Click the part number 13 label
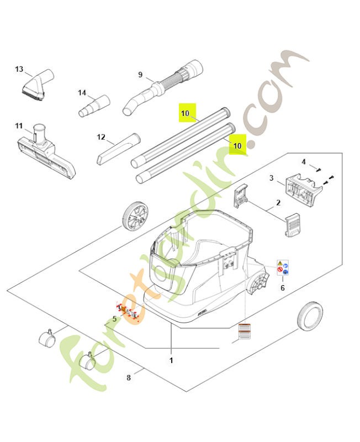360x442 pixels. point(19,70)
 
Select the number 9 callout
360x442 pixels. point(140,75)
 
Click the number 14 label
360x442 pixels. point(82,93)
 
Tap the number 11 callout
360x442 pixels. point(19,126)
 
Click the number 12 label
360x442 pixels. point(100,136)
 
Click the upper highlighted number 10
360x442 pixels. point(185,114)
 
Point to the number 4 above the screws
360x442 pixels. point(303,161)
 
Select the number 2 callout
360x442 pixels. point(278,203)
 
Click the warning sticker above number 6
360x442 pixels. point(283,269)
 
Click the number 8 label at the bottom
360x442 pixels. point(129,378)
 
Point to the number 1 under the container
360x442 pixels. point(171,360)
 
